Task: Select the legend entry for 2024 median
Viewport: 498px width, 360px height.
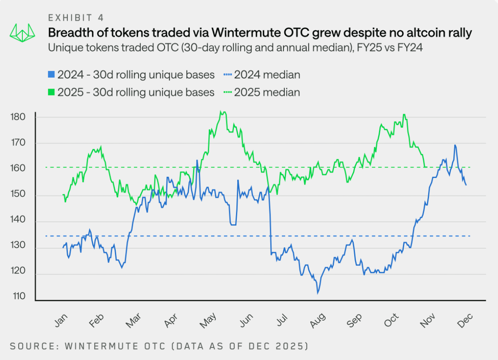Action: [x=262, y=75]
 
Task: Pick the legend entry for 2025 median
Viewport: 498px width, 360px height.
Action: [x=262, y=92]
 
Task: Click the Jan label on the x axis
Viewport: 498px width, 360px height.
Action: [x=61, y=321]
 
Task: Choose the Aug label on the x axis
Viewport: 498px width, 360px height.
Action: [x=318, y=321]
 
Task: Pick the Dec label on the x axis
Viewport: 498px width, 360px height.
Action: [x=465, y=321]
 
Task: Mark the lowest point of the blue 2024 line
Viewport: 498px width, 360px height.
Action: [x=318, y=293]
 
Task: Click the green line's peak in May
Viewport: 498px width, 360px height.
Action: [x=221, y=111]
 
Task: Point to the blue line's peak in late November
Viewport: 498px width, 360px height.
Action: [x=455, y=145]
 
